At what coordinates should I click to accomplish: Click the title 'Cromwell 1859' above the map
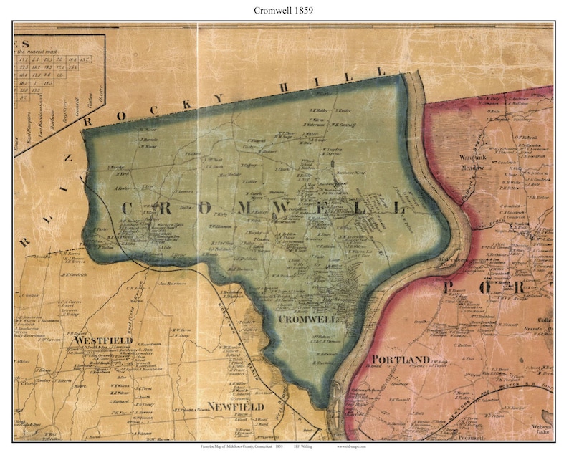click(x=284, y=11)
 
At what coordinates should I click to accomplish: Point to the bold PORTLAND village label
click(x=400, y=360)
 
